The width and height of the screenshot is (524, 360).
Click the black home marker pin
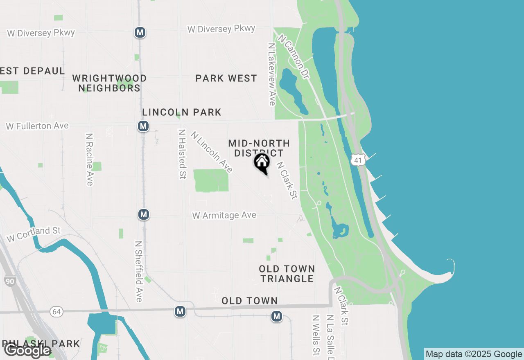click(262, 163)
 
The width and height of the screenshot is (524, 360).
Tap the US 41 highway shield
click(358, 160)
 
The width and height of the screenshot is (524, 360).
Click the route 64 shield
click(57, 312)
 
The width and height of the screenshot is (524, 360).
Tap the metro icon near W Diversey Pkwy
click(140, 32)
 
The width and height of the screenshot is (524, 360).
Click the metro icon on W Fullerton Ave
click(143, 126)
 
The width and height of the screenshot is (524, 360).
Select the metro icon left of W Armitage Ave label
click(143, 214)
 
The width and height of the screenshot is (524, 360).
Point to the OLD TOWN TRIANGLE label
click(287, 274)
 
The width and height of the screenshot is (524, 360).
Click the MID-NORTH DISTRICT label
click(259, 148)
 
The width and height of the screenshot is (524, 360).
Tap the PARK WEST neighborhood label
click(226, 78)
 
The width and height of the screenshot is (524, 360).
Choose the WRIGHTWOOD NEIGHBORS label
click(109, 83)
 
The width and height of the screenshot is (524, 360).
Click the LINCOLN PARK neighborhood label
click(182, 112)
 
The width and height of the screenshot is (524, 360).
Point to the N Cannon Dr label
click(294, 56)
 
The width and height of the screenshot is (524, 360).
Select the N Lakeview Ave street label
click(271, 74)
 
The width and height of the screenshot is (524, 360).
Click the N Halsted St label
click(182, 154)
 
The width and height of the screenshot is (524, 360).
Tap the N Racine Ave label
click(90, 159)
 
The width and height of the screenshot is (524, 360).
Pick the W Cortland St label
click(34, 234)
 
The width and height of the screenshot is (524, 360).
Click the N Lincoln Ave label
click(211, 152)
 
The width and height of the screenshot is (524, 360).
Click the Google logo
click(27, 351)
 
